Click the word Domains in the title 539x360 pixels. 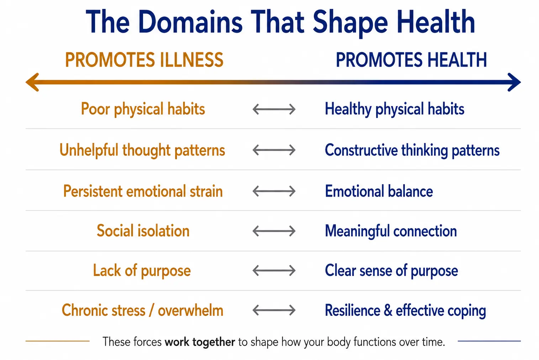click(190, 22)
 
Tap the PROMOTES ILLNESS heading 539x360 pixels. click(144, 60)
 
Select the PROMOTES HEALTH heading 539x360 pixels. click(411, 60)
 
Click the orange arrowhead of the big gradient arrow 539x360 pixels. click(32, 82)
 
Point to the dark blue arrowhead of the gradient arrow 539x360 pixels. click(514, 82)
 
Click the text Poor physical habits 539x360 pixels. click(143, 109)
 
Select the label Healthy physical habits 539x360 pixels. click(395, 109)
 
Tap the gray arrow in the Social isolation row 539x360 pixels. click(274, 231)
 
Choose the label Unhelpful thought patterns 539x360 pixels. click(142, 150)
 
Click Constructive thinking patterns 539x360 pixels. click(412, 150)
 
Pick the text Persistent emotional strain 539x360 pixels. click(143, 191)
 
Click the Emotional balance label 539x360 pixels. click(379, 191)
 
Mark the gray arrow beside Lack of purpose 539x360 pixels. click(274, 270)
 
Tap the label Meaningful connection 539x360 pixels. click(391, 231)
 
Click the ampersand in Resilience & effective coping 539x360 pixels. click(388, 310)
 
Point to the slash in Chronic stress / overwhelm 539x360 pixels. click(151, 311)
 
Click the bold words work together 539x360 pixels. click(200, 342)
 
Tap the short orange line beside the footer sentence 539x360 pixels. click(58, 341)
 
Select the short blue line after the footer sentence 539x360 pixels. click(489, 341)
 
